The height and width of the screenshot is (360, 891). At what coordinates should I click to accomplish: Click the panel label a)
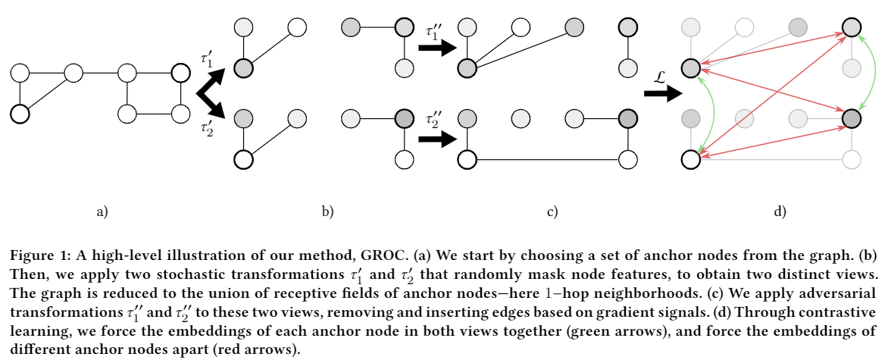[102, 213]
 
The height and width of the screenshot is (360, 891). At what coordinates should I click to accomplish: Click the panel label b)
[327, 213]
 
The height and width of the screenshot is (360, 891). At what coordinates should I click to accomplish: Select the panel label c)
[552, 213]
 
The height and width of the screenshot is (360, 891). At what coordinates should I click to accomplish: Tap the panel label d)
[779, 213]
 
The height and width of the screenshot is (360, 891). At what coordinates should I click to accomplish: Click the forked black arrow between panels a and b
[211, 93]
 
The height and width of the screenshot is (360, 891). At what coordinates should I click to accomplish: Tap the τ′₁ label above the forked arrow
[206, 58]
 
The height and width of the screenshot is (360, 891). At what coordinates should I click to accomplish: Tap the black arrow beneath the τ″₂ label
[437, 139]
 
